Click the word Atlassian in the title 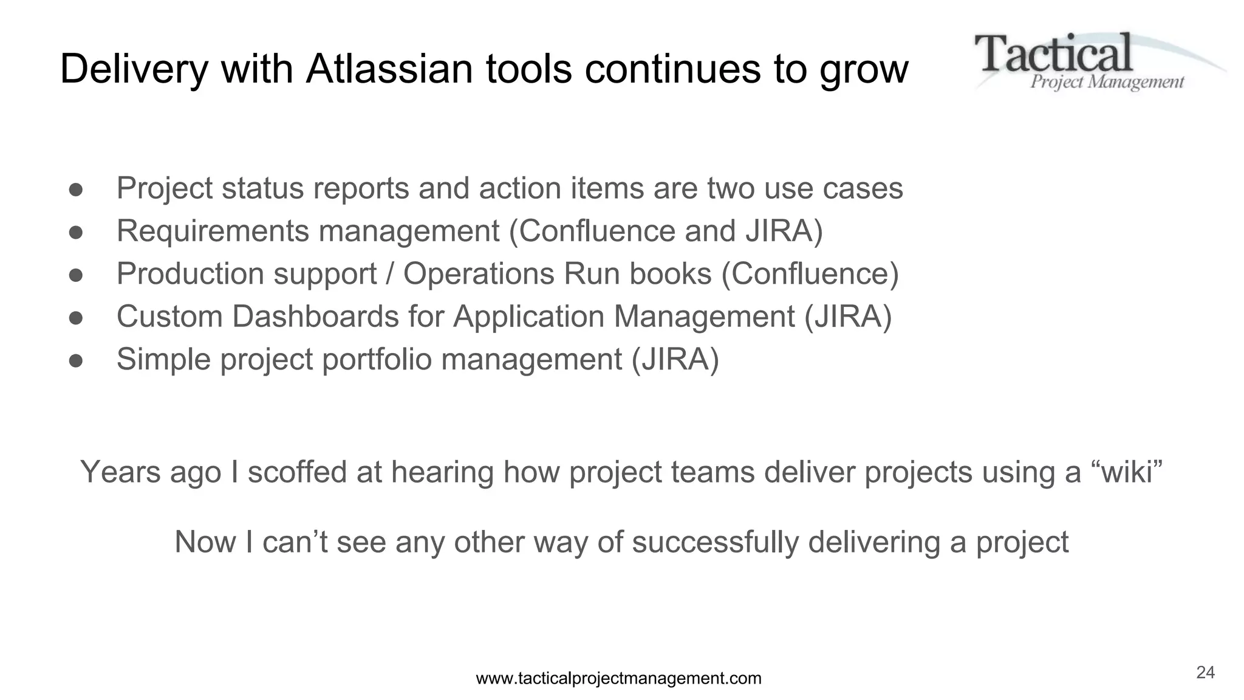(x=389, y=69)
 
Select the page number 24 (x=1205, y=672)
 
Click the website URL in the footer (x=618, y=678)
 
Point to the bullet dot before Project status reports (x=76, y=190)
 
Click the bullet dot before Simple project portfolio (x=76, y=361)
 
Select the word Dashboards (x=315, y=317)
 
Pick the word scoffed (x=297, y=472)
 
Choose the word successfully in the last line (x=715, y=542)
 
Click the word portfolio (x=376, y=359)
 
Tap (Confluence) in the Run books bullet (x=810, y=274)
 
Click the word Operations (x=479, y=274)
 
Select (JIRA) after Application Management (x=848, y=317)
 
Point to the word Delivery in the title (x=134, y=69)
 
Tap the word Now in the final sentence (x=205, y=542)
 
